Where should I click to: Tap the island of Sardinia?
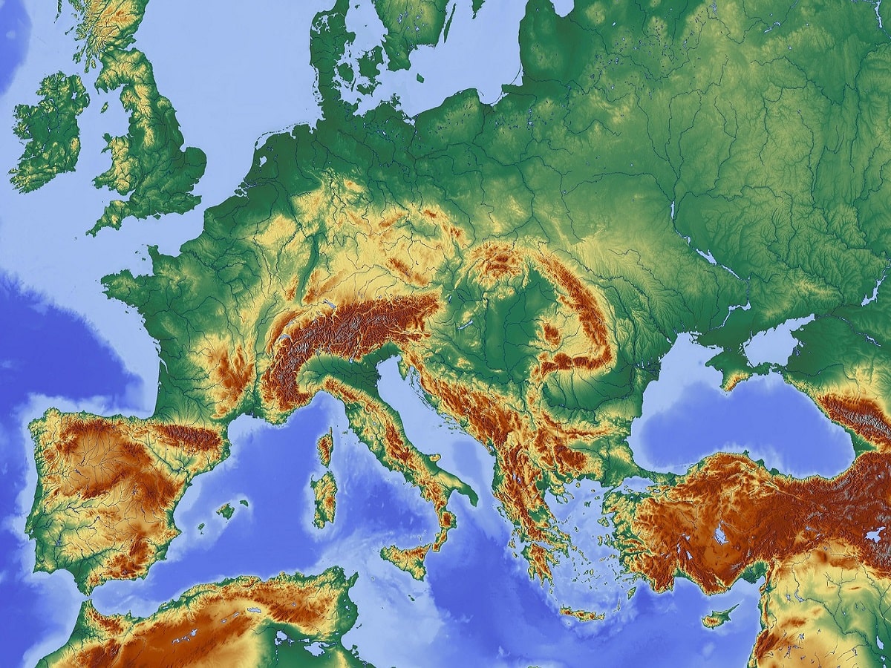tap(324, 497)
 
